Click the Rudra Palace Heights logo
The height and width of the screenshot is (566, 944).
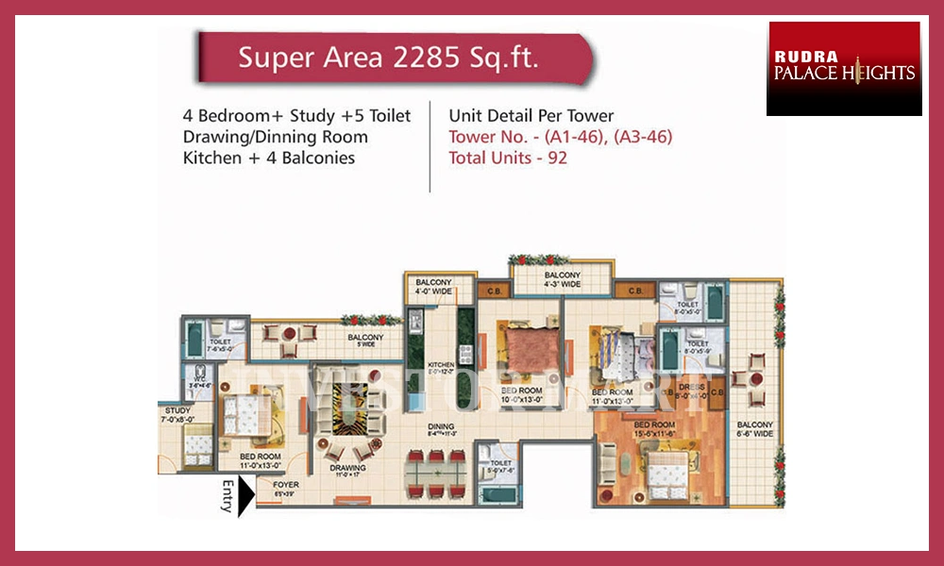point(844,69)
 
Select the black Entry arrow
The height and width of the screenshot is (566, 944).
point(244,496)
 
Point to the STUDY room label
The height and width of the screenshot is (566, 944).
point(176,411)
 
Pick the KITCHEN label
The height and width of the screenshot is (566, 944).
point(441,364)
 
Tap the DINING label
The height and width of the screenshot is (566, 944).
point(440,426)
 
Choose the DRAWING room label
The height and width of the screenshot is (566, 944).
point(347,467)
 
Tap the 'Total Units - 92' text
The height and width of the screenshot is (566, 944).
point(509,158)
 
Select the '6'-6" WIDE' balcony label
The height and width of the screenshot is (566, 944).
point(755,430)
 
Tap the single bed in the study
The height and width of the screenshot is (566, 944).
point(197,442)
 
